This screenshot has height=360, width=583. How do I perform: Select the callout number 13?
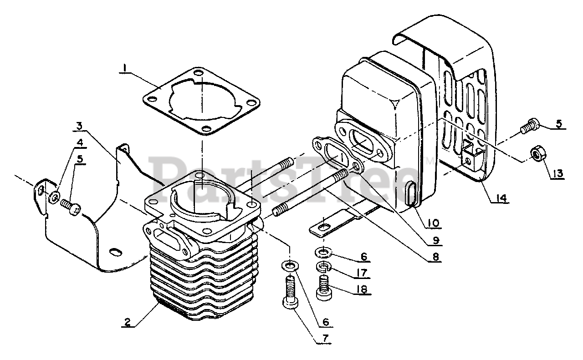(558, 173)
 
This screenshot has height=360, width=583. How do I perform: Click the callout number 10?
(433, 223)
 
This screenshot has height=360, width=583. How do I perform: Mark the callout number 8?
(436, 257)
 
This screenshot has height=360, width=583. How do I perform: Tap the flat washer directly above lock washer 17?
(322, 251)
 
